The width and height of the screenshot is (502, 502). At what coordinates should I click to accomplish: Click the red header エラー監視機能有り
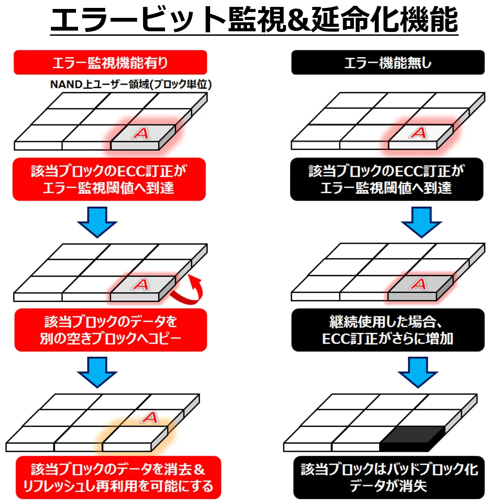(110, 63)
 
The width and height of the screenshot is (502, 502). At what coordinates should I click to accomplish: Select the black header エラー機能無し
(388, 63)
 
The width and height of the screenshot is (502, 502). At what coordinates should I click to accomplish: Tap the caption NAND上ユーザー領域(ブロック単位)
(131, 84)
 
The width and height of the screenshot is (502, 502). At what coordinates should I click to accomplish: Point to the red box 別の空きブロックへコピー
(111, 330)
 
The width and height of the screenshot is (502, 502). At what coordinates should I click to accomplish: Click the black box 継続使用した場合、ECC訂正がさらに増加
(388, 330)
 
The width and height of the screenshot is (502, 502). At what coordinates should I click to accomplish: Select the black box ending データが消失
(389, 478)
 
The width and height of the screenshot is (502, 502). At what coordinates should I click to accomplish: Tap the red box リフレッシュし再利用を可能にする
(118, 478)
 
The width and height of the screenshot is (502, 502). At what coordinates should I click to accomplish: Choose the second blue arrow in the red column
(97, 372)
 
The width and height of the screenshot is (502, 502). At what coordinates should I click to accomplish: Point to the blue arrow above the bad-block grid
(418, 372)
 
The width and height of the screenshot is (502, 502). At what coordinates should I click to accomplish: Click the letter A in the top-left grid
(141, 133)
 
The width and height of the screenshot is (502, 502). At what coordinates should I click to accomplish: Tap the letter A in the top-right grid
(419, 133)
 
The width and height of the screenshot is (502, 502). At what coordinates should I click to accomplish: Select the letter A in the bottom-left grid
(150, 418)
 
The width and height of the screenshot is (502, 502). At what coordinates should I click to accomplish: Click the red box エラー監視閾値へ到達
(109, 179)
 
